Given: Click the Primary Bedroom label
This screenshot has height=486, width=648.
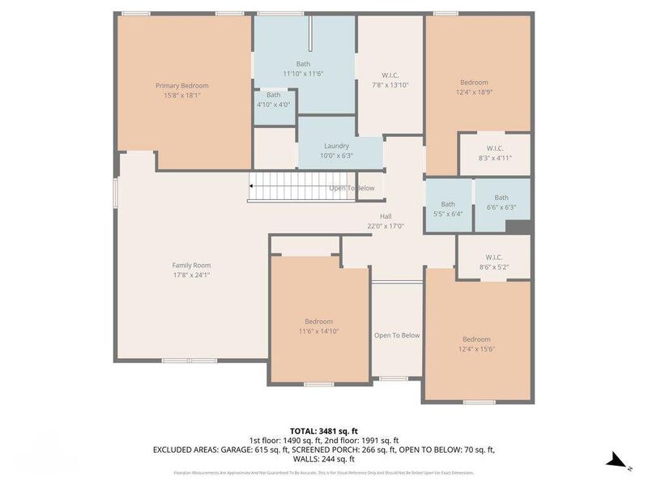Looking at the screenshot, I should coord(182,86).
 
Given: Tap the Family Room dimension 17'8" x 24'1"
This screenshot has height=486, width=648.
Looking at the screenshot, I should coord(191,275).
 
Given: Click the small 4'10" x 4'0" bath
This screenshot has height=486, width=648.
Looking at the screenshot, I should coord(273,100).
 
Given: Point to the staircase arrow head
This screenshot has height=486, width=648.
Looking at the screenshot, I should coord(253,188).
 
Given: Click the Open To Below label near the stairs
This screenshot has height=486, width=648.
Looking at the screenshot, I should coord(352,188).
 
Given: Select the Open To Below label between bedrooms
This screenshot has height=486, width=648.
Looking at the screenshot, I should coord(397,335).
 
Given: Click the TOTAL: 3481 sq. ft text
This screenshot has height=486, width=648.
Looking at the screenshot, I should coord(323,430).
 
